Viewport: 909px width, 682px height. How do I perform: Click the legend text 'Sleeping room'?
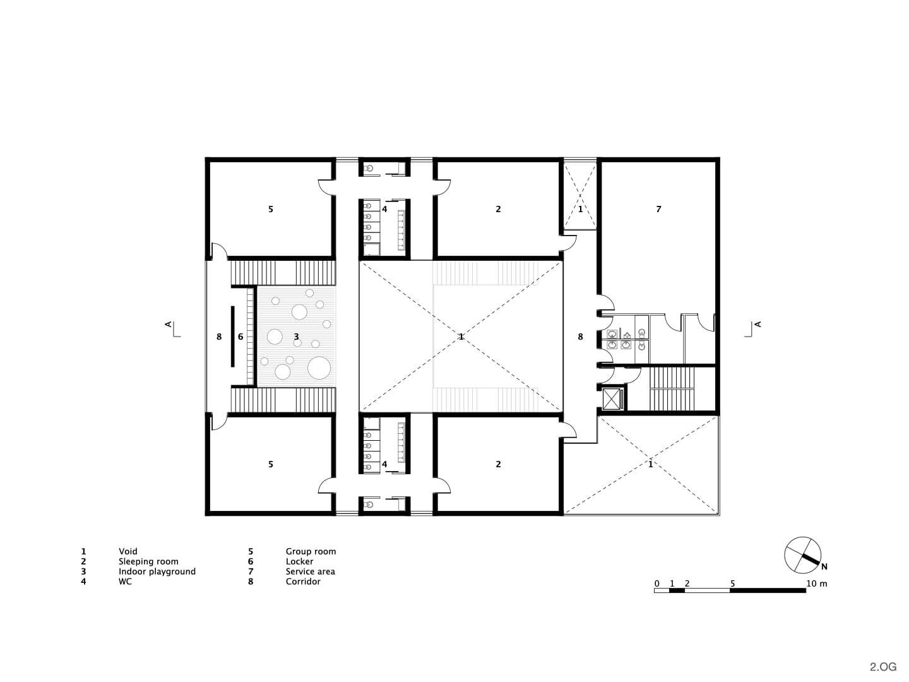[x=148, y=561]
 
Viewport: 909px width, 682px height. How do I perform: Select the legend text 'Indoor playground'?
[x=157, y=571]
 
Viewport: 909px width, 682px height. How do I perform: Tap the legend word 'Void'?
[x=128, y=551]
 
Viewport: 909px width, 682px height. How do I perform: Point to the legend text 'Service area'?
[x=310, y=571]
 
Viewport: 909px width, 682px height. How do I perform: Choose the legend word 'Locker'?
[x=299, y=561]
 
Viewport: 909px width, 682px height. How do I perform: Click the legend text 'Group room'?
[x=311, y=551]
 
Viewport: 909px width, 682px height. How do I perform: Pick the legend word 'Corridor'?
[x=303, y=582]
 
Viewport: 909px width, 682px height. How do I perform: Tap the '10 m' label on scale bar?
[x=816, y=583]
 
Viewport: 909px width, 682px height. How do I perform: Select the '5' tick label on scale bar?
[x=732, y=583]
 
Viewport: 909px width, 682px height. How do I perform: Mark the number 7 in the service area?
[x=658, y=209]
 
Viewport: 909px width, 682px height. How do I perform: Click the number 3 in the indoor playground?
[x=296, y=337]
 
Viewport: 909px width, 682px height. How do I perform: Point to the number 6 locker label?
[x=241, y=337]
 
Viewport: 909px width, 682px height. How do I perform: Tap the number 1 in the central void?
[x=461, y=337]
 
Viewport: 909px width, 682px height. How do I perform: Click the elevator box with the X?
[x=612, y=398]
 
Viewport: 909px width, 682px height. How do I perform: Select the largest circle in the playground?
[x=319, y=368]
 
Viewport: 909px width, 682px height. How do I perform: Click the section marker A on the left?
[x=168, y=324]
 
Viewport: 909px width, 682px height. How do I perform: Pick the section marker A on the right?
[x=757, y=324]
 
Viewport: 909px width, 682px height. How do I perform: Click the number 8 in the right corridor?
[x=580, y=337]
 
